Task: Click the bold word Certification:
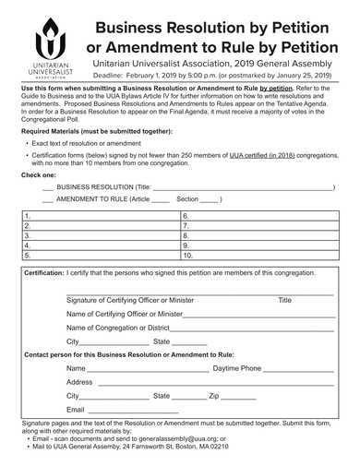point(43,274)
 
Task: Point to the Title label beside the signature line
point(284,300)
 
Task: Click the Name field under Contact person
point(138,368)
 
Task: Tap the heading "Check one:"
point(40,173)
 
